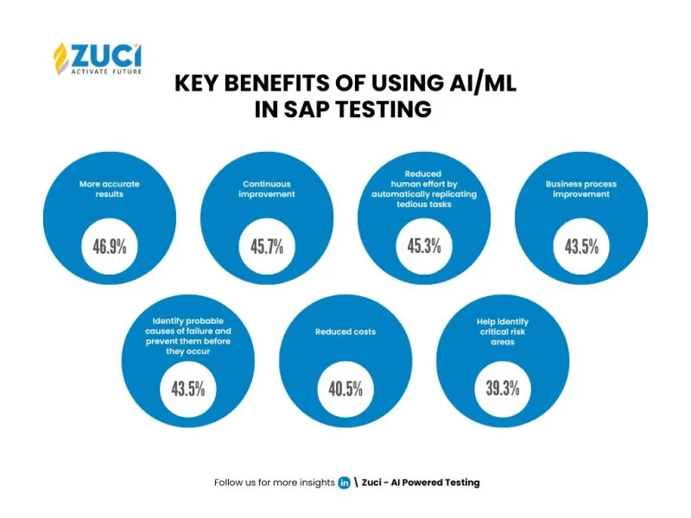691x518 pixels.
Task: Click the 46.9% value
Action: pos(110,247)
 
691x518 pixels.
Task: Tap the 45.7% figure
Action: pos(267,247)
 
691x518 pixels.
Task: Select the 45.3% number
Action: pos(424,247)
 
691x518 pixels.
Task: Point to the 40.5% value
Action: pos(345,389)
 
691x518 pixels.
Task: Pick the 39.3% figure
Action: pos(503,389)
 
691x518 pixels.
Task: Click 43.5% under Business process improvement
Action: pos(581,247)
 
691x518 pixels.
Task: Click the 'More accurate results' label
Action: pos(110,189)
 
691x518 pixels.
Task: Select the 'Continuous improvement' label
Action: pos(267,189)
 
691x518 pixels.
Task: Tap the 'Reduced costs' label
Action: pos(345,332)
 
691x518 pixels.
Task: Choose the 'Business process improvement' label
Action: pos(581,189)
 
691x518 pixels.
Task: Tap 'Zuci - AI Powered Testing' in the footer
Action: pos(421,483)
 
